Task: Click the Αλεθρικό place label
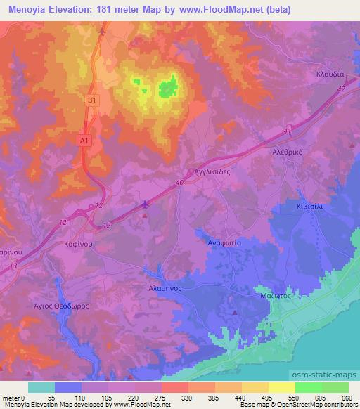[x=287, y=151]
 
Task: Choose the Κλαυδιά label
[x=330, y=74]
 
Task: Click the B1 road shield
[x=91, y=100]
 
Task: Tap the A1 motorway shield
[x=84, y=141]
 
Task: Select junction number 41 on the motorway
[x=287, y=131]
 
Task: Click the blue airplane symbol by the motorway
[x=146, y=204]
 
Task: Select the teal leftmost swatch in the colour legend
[x=42, y=387]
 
